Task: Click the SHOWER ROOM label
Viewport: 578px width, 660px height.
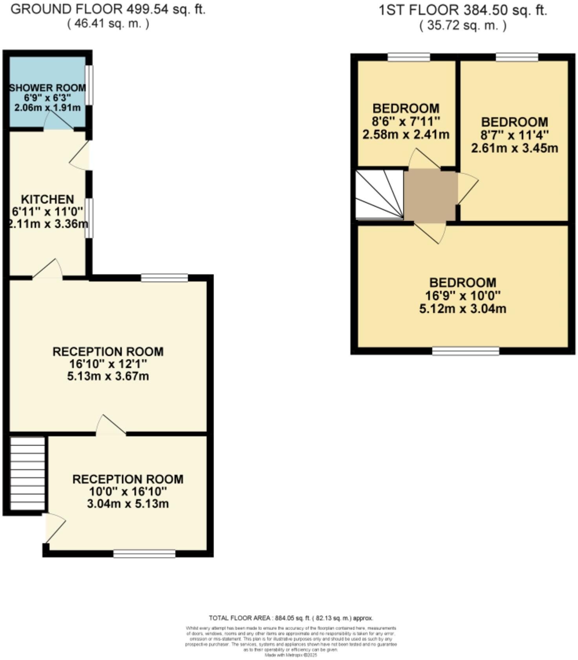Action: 48,88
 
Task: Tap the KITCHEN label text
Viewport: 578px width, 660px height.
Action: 48,199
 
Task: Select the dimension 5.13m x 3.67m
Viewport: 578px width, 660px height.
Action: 108,376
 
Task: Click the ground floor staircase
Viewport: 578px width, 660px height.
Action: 27,473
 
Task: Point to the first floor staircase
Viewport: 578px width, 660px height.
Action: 379,194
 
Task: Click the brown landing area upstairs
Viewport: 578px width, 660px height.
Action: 430,195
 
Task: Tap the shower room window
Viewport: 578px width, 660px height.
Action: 90,85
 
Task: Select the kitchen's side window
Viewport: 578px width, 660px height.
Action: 90,218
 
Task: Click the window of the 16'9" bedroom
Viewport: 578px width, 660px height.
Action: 466,351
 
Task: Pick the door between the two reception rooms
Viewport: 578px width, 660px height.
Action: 111,425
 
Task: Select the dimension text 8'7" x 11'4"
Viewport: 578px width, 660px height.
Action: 514,135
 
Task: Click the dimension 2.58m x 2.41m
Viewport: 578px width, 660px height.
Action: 406,135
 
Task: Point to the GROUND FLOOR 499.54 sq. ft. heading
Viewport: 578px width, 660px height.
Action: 108,9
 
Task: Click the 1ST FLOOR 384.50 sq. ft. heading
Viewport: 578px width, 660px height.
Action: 463,10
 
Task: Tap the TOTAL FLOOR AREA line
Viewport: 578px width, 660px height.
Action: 291,618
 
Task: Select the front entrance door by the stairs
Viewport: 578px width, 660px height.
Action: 54,528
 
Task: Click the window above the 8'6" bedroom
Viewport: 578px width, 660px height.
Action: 409,57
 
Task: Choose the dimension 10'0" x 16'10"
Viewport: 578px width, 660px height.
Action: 128,491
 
